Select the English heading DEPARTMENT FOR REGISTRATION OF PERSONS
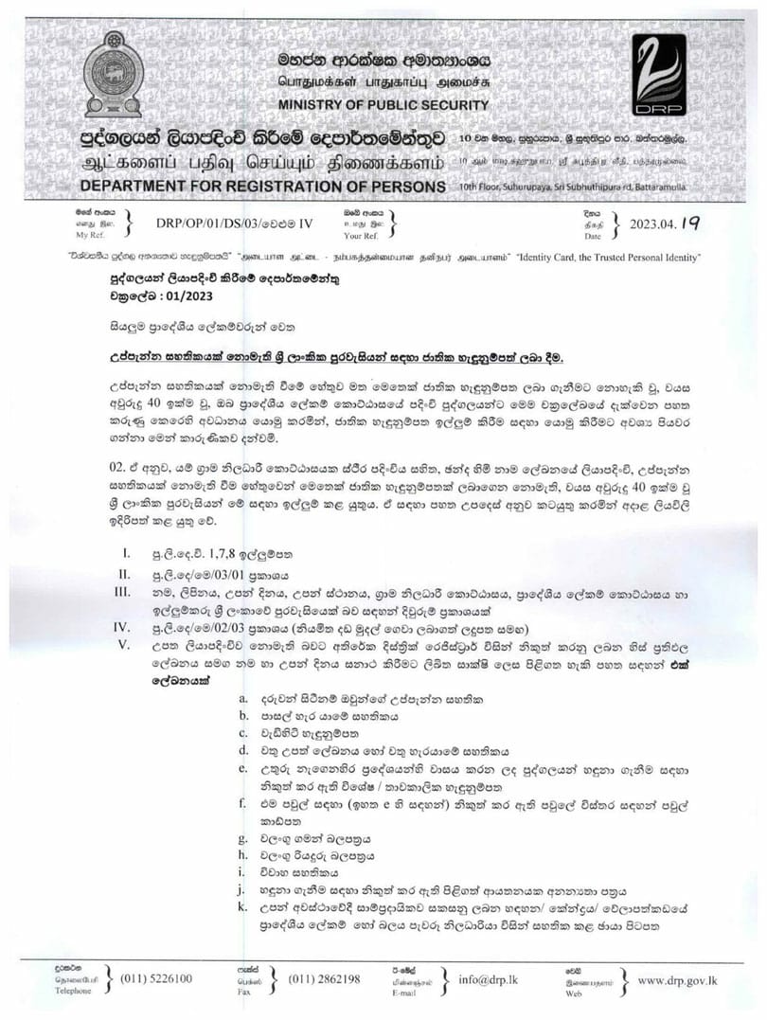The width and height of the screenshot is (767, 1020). pyautogui.click(x=262, y=186)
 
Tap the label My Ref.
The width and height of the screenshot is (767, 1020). pyautogui.click(x=89, y=233)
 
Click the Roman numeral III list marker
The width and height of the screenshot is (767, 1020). pyautogui.click(x=121, y=591)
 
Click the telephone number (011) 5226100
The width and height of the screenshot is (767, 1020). pyautogui.click(x=156, y=978)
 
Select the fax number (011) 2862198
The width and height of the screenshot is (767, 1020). pyautogui.click(x=324, y=978)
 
